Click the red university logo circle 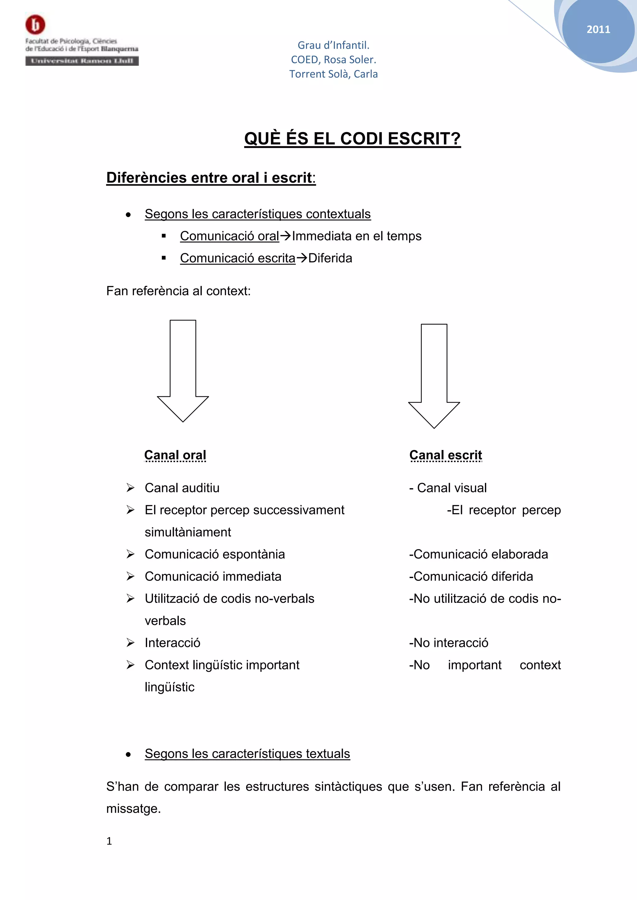35,25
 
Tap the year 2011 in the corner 598,30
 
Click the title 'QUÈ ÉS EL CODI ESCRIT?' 352,139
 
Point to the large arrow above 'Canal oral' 183,370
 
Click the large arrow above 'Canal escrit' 434,375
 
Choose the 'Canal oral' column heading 175,455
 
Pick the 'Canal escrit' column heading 446,455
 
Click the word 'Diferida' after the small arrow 330,258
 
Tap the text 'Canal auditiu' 182,488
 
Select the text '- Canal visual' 448,488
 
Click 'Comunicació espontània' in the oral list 215,554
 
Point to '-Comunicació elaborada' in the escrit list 478,554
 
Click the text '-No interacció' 448,643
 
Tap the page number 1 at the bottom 109,841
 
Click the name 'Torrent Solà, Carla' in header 333,74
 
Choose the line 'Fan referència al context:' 179,291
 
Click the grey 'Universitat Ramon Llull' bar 82,61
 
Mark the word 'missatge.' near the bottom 133,809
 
